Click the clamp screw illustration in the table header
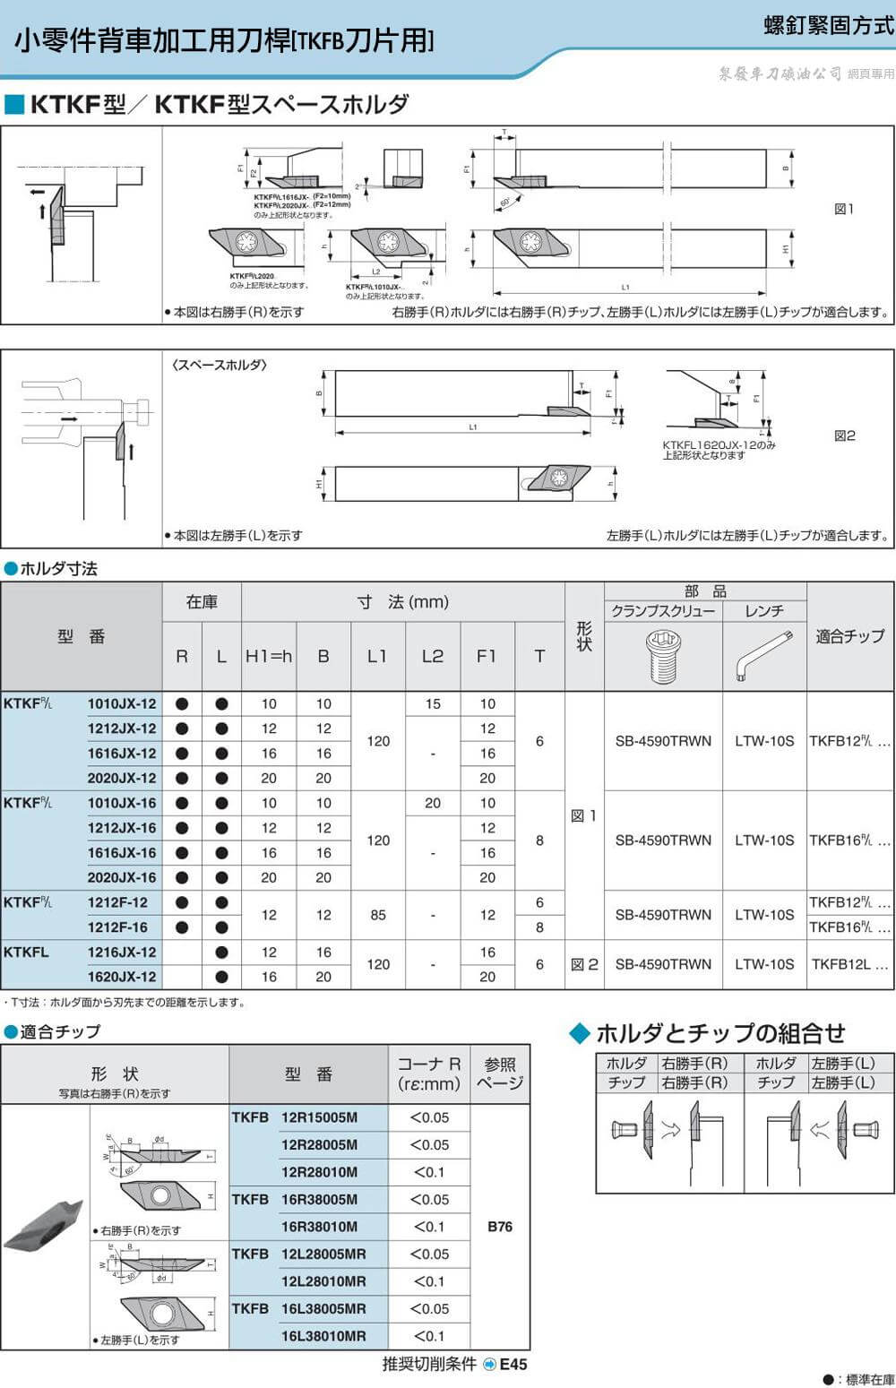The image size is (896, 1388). pos(662,656)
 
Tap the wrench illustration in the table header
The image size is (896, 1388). pos(763,654)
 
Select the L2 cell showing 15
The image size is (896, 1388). pos(433,704)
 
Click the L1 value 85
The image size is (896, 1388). pos(378,915)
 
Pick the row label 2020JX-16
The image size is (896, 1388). pos(121,878)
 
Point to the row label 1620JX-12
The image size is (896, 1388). pos(121,978)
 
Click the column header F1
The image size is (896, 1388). pos(487,656)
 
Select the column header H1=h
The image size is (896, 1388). pos(269,656)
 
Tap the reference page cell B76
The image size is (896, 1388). pos(500,1227)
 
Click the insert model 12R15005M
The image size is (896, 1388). pos(319,1117)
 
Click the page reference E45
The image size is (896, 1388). pos(513,1365)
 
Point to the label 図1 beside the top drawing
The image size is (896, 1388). pos(844,209)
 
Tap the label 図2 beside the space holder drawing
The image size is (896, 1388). pos(844,435)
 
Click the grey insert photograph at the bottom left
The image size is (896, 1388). pos(43,1225)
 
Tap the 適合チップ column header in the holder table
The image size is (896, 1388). pos(849,636)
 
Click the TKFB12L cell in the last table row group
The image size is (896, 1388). pos(849,965)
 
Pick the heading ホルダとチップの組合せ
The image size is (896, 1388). pos(719,1033)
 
